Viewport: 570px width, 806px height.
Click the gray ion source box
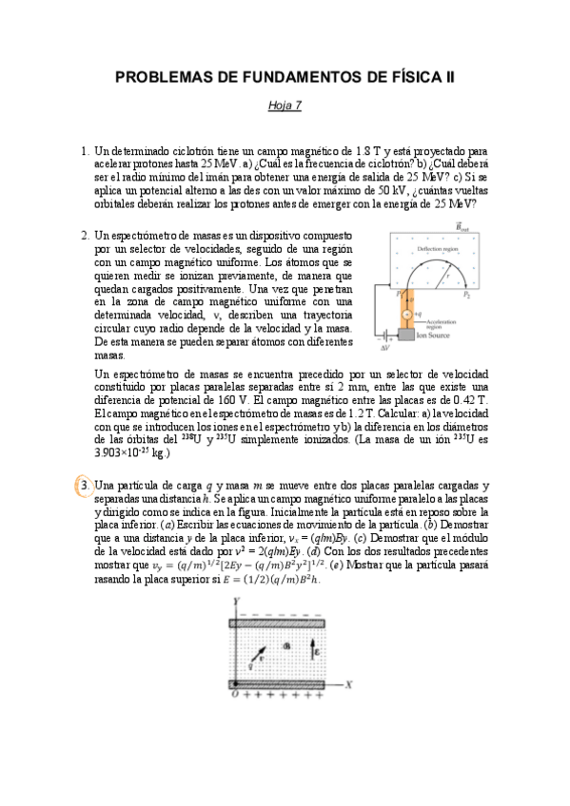pos(406,335)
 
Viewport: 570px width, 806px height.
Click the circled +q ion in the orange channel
pos(406,312)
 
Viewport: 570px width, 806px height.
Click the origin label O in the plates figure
pos(234,695)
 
